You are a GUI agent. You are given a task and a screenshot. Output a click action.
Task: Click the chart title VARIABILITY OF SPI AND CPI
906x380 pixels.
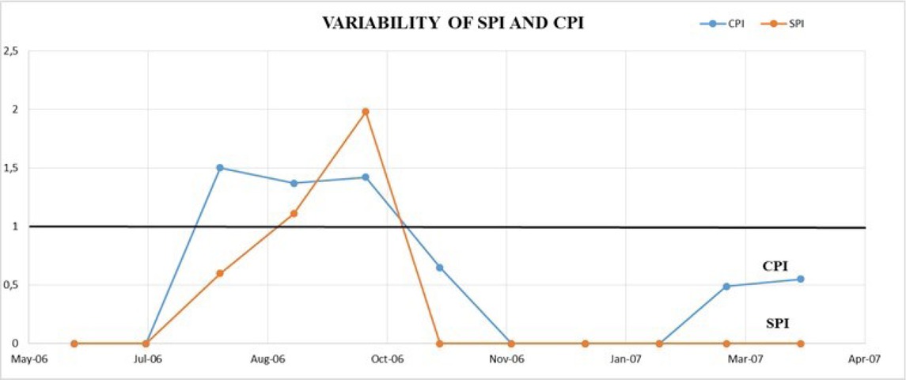click(x=453, y=23)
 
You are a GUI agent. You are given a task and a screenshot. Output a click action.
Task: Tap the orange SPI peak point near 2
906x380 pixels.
click(x=365, y=112)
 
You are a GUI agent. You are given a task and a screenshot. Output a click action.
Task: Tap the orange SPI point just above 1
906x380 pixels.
click(x=294, y=213)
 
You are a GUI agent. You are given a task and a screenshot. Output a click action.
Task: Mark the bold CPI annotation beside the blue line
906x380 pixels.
click(x=775, y=267)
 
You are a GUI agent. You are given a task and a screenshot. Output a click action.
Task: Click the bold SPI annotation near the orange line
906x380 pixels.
click(x=777, y=323)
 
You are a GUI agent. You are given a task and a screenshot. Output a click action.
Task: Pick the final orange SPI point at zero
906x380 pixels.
click(x=801, y=344)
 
